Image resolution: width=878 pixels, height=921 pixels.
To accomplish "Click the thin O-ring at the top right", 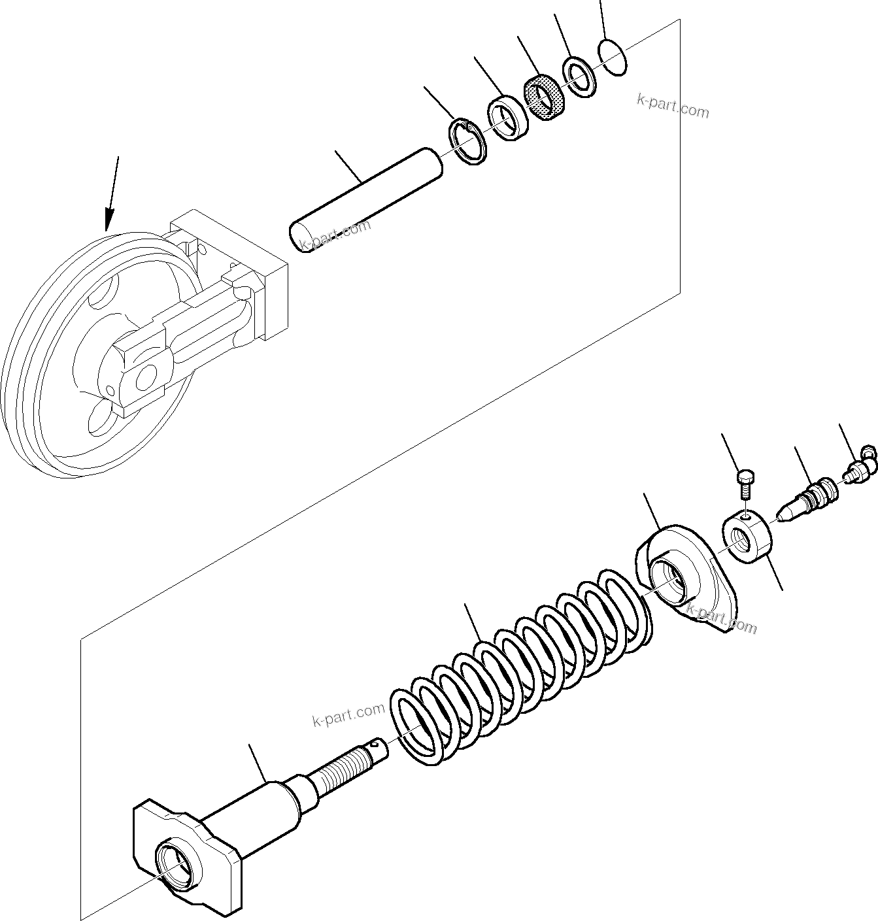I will click(x=613, y=58).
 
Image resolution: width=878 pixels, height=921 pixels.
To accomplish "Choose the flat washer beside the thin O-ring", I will click(x=579, y=77).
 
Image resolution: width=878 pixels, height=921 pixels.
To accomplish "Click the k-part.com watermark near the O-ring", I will click(x=673, y=106).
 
